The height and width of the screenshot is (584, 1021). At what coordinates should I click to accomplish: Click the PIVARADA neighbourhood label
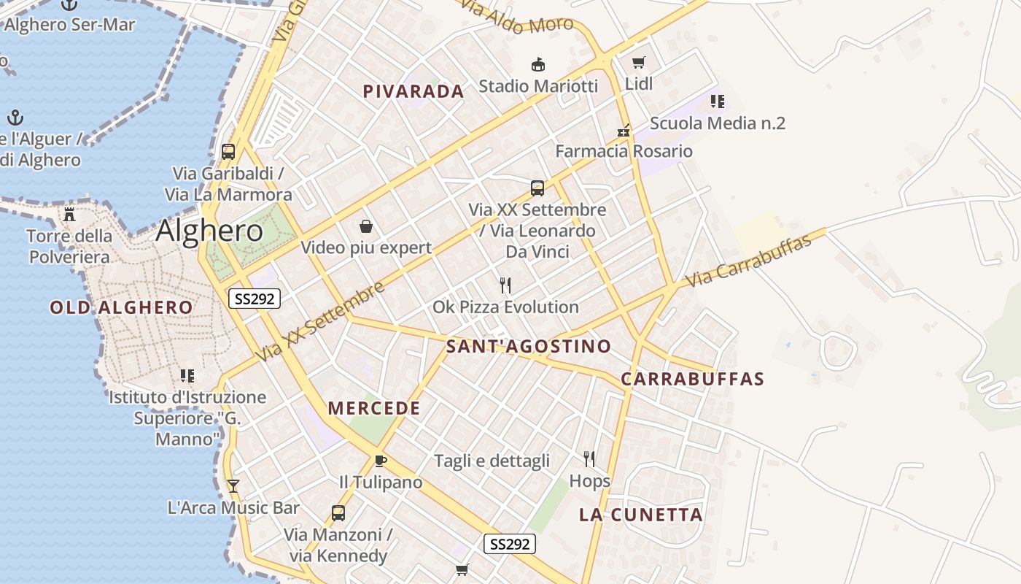pyautogui.click(x=414, y=91)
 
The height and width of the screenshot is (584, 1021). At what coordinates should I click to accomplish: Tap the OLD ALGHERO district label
pyautogui.click(x=121, y=307)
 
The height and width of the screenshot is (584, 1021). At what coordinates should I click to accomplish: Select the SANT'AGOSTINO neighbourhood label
pyautogui.click(x=528, y=346)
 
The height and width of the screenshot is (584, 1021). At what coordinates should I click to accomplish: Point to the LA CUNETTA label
pyautogui.click(x=641, y=515)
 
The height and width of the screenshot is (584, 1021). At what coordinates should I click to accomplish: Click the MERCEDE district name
pyautogui.click(x=374, y=408)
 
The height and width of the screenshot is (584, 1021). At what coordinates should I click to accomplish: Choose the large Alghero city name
pyautogui.click(x=209, y=231)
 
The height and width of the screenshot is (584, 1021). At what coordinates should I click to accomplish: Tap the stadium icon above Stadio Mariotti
pyautogui.click(x=538, y=65)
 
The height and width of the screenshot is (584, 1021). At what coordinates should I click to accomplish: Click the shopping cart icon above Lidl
pyautogui.click(x=639, y=63)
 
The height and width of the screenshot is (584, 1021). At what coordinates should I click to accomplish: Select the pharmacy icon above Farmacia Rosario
pyautogui.click(x=624, y=131)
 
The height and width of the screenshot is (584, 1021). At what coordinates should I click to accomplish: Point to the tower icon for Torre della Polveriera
pyautogui.click(x=69, y=215)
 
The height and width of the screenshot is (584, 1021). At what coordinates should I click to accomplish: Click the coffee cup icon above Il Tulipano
pyautogui.click(x=380, y=461)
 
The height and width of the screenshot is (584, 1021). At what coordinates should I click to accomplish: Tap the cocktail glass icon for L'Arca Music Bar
pyautogui.click(x=233, y=485)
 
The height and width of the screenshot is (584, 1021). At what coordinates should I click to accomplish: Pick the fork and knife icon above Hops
pyautogui.click(x=589, y=459)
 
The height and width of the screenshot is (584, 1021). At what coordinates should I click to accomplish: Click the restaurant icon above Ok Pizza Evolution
pyautogui.click(x=505, y=285)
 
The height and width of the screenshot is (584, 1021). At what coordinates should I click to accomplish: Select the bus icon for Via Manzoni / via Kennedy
pyautogui.click(x=338, y=512)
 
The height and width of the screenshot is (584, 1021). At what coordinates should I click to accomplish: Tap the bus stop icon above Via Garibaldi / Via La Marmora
pyautogui.click(x=228, y=152)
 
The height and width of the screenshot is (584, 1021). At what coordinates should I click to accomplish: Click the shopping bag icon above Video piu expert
pyautogui.click(x=365, y=226)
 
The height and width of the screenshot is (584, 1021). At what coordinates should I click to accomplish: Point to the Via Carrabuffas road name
pyautogui.click(x=749, y=261)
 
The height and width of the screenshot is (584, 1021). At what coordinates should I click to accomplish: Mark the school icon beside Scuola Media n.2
pyautogui.click(x=718, y=101)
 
